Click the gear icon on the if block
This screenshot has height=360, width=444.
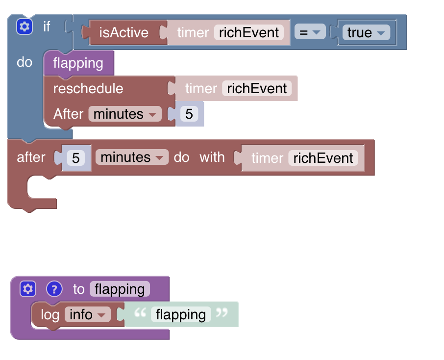click(x=24, y=26)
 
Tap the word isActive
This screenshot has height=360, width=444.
click(x=123, y=32)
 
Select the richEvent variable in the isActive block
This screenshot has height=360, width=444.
click(x=249, y=32)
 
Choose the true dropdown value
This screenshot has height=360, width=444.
click(x=366, y=33)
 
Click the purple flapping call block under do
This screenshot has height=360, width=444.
click(x=78, y=63)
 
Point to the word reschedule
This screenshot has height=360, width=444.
click(x=88, y=89)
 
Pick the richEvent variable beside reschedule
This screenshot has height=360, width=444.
click(x=257, y=89)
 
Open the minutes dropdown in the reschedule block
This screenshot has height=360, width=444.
click(x=124, y=114)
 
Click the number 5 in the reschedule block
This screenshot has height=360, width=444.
click(x=189, y=114)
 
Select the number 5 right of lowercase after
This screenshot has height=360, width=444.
click(x=76, y=158)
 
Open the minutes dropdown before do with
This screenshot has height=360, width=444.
click(x=131, y=157)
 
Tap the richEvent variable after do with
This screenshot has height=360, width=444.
click(x=323, y=158)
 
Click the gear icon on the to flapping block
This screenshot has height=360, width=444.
click(x=28, y=289)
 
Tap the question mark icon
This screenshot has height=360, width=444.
click(x=54, y=289)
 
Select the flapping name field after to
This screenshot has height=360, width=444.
click(x=120, y=289)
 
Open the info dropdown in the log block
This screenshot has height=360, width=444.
click(x=87, y=314)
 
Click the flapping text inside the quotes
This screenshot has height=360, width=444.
click(x=181, y=314)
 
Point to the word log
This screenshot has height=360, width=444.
click(x=50, y=314)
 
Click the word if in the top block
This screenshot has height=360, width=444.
click(x=47, y=26)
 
